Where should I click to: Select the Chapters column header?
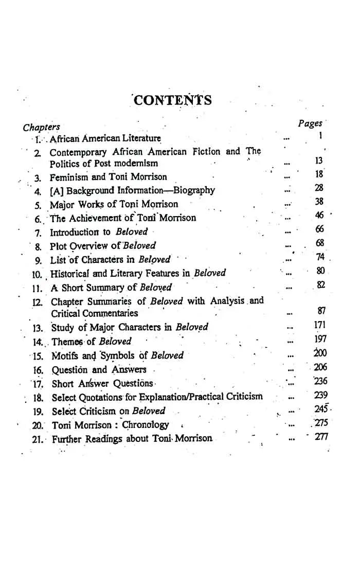(x=41, y=127)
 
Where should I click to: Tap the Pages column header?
(x=310, y=123)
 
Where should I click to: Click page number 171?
(x=320, y=325)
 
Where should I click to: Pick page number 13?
(x=318, y=161)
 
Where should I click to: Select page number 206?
(x=320, y=367)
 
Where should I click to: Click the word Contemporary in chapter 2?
(x=78, y=152)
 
